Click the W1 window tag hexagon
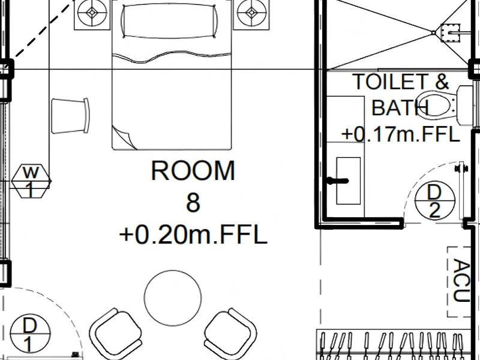[31, 181]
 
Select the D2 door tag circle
[434, 200]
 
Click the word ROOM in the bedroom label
[193, 171]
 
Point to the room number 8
[193, 203]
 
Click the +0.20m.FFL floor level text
[193, 235]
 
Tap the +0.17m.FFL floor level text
[401, 134]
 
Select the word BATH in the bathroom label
[400, 107]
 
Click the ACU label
[461, 280]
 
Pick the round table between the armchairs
[173, 298]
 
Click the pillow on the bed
[170, 21]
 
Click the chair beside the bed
[70, 116]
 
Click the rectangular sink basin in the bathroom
[349, 181]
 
